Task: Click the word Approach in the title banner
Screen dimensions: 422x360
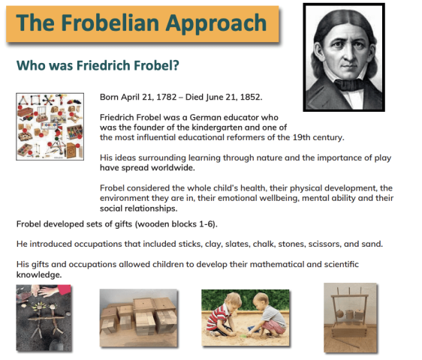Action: tap(216, 24)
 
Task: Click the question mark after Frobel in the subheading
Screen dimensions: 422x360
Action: tap(176, 65)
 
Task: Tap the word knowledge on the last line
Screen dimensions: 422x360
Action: tap(39, 275)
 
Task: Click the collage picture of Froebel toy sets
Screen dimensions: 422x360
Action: tap(50, 127)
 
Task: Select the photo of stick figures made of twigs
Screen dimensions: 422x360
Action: tap(44, 318)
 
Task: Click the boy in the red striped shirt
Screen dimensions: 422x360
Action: tap(222, 314)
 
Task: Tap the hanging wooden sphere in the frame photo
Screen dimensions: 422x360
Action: tap(339, 313)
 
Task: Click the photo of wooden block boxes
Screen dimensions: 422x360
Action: tap(138, 318)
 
